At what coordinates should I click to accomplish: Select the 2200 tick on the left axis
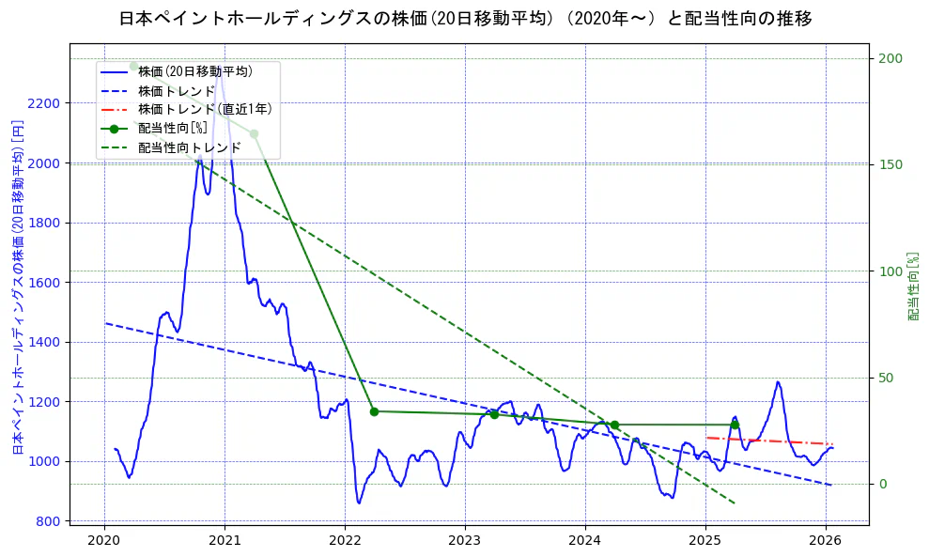pyautogui.click(x=45, y=103)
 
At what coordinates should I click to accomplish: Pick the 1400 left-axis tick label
pyautogui.click(x=45, y=342)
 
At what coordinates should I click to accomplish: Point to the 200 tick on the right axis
pyautogui.click(x=890, y=58)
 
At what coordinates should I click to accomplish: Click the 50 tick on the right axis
pyautogui.click(x=886, y=378)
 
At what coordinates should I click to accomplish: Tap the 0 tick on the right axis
pyautogui.click(x=882, y=485)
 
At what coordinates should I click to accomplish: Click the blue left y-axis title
pyautogui.click(x=17, y=287)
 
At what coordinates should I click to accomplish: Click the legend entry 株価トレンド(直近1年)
pyautogui.click(x=205, y=109)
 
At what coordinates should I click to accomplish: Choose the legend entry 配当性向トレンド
pyautogui.click(x=189, y=147)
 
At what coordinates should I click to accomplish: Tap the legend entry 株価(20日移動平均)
pyautogui.click(x=194, y=70)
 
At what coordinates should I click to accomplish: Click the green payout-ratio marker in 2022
pyautogui.click(x=374, y=411)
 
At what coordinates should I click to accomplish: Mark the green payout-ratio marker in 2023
pyautogui.click(x=494, y=414)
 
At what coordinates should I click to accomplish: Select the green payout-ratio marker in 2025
pyautogui.click(x=735, y=425)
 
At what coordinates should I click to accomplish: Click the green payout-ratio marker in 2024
pyautogui.click(x=614, y=425)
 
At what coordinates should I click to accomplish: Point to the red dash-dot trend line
pyautogui.click(x=770, y=441)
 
